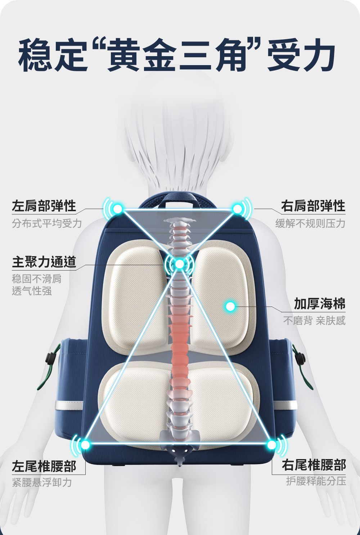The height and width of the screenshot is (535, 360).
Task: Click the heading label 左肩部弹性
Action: (44, 206)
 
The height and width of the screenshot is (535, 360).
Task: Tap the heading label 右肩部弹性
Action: (313, 206)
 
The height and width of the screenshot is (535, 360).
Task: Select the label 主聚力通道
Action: (44, 262)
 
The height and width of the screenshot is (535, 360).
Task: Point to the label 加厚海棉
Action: (319, 304)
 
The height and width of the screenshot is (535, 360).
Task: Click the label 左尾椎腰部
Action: (44, 466)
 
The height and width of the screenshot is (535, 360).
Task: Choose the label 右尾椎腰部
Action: (314, 465)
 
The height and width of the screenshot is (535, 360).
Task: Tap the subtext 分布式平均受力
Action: (47, 223)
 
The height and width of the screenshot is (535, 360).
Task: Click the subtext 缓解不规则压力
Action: (310, 223)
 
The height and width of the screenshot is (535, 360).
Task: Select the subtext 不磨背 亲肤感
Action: (314, 321)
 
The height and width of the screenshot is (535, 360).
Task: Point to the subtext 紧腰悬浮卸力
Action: (42, 482)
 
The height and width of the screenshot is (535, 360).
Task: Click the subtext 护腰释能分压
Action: (316, 481)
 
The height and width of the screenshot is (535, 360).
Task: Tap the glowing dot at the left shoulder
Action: (118, 209)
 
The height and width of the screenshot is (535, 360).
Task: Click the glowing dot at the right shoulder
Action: (238, 209)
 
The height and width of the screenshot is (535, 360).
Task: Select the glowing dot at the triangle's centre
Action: (179, 264)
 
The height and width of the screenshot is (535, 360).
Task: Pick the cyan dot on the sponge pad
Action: (230, 307)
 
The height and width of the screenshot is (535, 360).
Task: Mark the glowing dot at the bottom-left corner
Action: (85, 445)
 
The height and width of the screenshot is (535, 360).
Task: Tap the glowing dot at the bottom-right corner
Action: (272, 445)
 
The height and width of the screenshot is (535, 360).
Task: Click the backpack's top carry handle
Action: (179, 199)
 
